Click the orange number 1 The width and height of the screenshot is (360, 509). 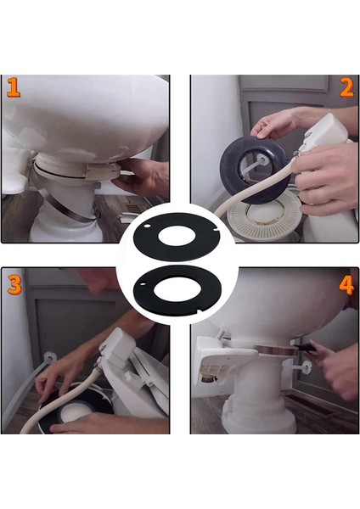[x=14, y=87]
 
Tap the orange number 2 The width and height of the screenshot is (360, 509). [x=346, y=88]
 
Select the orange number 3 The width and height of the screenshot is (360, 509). [x=14, y=285]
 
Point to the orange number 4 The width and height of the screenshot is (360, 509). [x=346, y=285]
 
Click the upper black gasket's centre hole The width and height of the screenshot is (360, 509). [x=177, y=237]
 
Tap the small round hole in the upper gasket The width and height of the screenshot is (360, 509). [x=147, y=226]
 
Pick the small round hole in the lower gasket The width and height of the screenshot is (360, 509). [x=143, y=284]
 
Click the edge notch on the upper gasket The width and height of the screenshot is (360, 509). [x=215, y=231]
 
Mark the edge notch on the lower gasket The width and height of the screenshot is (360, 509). [x=200, y=312]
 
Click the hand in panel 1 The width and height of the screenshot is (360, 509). [x=141, y=177]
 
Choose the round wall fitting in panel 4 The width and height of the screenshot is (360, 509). [x=305, y=366]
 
